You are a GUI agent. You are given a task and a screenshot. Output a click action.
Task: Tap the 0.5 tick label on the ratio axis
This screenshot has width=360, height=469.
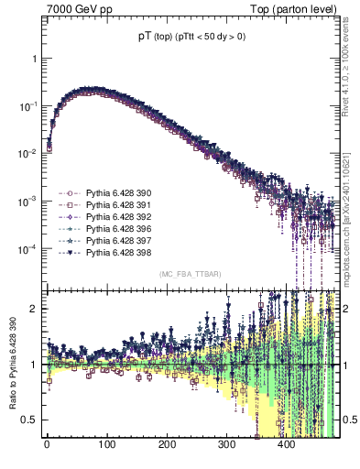(x=31, y=420)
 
